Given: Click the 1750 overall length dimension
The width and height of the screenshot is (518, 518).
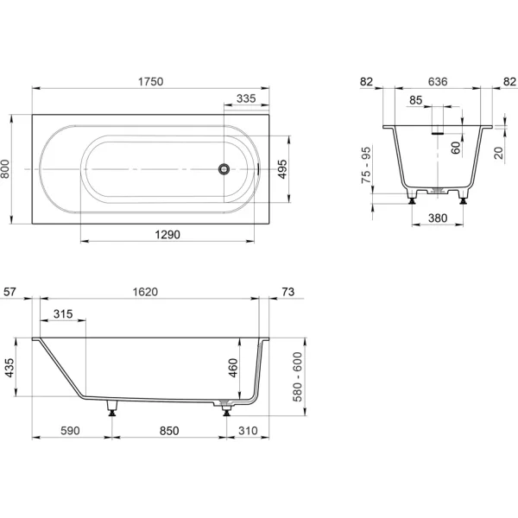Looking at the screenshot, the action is point(150,82).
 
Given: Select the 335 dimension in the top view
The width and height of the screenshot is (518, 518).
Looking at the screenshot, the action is point(246,98).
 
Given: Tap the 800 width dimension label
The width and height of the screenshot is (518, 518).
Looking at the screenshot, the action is point(5,169).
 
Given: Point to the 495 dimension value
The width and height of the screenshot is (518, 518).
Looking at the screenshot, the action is point(282,169).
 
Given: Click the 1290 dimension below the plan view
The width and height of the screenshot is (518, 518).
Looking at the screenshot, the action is point(167,235).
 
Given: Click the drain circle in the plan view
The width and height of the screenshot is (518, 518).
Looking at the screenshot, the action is point(224,169).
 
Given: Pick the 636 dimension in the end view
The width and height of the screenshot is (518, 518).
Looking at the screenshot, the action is point(438,82).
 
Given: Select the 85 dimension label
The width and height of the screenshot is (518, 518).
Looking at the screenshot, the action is point(415,100).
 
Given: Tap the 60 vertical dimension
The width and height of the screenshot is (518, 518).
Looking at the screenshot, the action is point(456,148).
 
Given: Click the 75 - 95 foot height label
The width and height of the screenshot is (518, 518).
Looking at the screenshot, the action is point(366,166).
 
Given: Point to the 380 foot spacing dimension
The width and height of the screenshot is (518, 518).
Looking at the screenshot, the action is point(438,218).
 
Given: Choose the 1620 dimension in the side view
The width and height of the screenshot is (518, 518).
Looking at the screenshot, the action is point(145,292).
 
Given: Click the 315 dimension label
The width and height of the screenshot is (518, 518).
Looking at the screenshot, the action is point(63,314).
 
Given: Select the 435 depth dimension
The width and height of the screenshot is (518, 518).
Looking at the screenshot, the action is point(9,368).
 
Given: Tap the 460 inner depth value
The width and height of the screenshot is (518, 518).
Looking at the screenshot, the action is point(233,368).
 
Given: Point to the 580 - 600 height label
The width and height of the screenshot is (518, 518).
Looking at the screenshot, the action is point(298,377).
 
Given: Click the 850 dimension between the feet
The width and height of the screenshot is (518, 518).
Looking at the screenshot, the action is point(169,431).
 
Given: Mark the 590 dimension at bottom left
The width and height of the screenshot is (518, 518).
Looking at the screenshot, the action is point(71,431).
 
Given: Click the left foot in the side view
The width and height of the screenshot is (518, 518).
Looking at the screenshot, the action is point(112,408).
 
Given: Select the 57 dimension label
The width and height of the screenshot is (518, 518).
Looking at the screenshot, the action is point(9,292).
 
